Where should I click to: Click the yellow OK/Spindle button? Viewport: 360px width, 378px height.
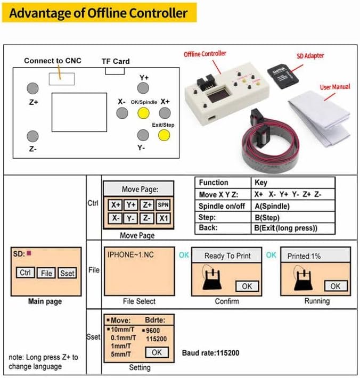coord(143,113)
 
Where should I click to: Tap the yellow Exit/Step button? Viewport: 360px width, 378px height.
coord(163,135)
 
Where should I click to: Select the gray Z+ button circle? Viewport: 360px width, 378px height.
coord(33,88)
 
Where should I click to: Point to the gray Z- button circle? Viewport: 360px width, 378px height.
coord(33,136)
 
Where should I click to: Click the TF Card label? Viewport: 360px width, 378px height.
coord(116,61)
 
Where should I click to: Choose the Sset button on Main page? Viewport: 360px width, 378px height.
coord(67,273)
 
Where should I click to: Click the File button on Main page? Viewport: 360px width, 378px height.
coord(47,273)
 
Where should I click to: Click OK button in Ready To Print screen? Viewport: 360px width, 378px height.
coord(247,286)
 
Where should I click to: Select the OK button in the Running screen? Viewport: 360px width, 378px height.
coord(335,286)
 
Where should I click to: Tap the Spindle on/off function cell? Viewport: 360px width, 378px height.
coord(222,206)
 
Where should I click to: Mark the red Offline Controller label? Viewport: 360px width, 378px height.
coord(205,54)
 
